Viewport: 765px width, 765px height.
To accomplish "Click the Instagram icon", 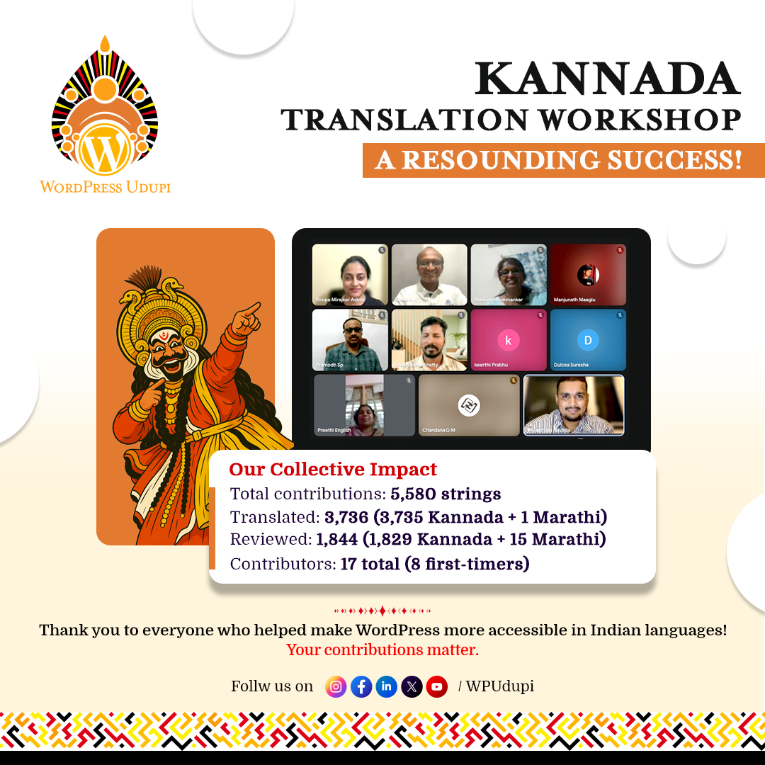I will pyautogui.click(x=336, y=686).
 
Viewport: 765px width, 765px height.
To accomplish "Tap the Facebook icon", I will pyautogui.click(x=361, y=686).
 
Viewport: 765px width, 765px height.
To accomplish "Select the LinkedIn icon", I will pyautogui.click(x=386, y=686).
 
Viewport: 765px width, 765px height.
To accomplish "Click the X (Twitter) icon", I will pyautogui.click(x=412, y=686).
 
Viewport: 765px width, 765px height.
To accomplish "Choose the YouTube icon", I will pyautogui.click(x=437, y=686).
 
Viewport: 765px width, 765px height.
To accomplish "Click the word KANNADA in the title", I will pyautogui.click(x=608, y=79).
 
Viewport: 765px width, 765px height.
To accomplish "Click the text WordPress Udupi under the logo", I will pyautogui.click(x=105, y=187).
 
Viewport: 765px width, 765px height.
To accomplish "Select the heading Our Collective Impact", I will pyautogui.click(x=333, y=470).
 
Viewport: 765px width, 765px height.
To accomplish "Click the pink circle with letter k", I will pyautogui.click(x=508, y=340).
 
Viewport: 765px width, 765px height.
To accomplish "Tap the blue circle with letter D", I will pyautogui.click(x=587, y=340).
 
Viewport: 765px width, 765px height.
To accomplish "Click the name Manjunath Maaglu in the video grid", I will pyautogui.click(x=575, y=300).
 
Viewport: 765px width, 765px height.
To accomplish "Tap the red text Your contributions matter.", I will pyautogui.click(x=382, y=650).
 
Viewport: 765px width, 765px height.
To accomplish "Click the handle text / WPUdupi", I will pyautogui.click(x=496, y=686).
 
